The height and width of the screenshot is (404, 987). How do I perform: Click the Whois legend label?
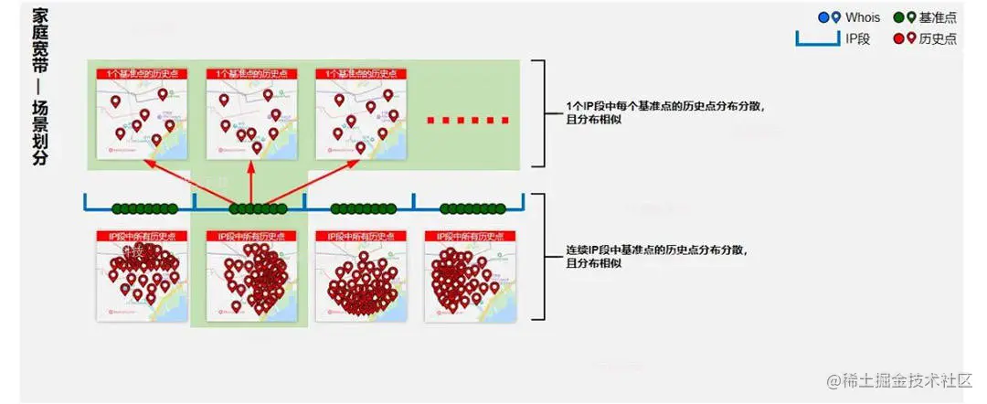tap(862, 17)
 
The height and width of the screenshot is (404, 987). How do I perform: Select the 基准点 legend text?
tap(937, 17)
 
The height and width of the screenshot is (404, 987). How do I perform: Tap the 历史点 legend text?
tap(937, 39)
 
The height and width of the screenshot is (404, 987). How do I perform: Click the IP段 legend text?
tap(858, 39)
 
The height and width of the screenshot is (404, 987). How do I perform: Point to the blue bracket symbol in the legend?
tap(816, 39)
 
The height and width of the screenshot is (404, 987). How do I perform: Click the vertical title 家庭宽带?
tap(39, 42)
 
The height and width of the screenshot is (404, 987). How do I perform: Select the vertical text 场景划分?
tap(39, 132)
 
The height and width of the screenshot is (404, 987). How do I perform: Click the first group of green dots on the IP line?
tap(139, 208)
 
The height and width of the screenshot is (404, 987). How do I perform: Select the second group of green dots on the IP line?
tap(249, 208)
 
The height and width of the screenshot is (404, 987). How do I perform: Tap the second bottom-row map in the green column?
tap(249, 273)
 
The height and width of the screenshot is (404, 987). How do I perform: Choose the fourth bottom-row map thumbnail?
tap(469, 273)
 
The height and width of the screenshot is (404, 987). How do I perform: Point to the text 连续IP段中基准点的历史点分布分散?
tap(659, 250)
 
